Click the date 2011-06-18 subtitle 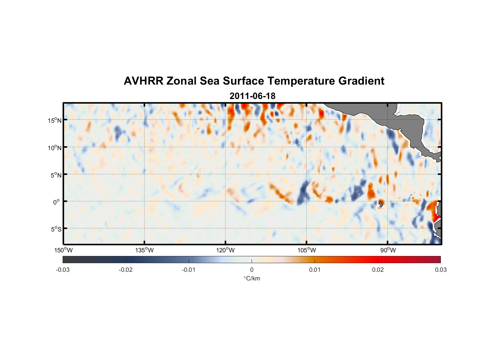coord(252,96)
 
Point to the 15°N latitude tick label coord(54,120)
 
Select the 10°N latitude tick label coord(54,148)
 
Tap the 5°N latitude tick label coord(56,175)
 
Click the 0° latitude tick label coord(56,202)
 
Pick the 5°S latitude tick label coord(56,229)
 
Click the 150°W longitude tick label coord(64,250)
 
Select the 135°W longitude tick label coord(145,250)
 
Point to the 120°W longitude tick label coord(226,250)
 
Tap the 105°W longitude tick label coord(307,250)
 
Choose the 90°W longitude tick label coord(388,250)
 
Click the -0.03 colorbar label coord(63,270)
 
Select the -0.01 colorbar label coord(189,270)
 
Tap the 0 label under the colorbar coord(252,270)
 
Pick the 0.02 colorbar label coord(378,270)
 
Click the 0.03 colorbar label coord(440,270)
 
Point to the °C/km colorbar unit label coord(252,278)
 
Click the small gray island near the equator coord(381,204)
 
